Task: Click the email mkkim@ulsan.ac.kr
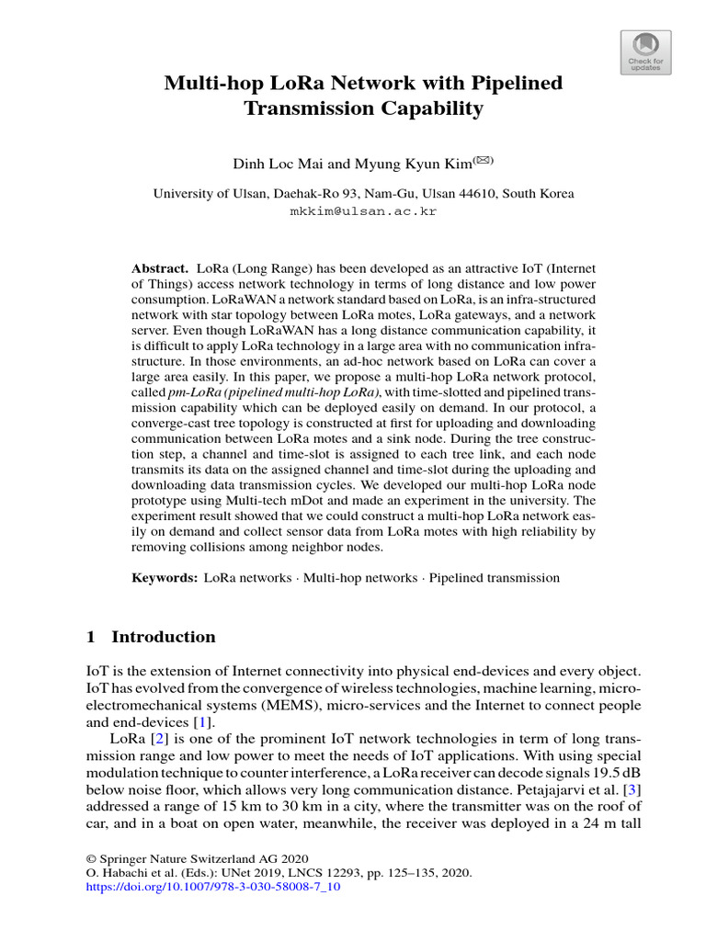click(x=363, y=210)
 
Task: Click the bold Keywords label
click(x=165, y=578)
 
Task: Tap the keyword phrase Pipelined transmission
click(x=495, y=578)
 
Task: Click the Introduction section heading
click(x=164, y=637)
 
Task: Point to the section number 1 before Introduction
click(x=90, y=637)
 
